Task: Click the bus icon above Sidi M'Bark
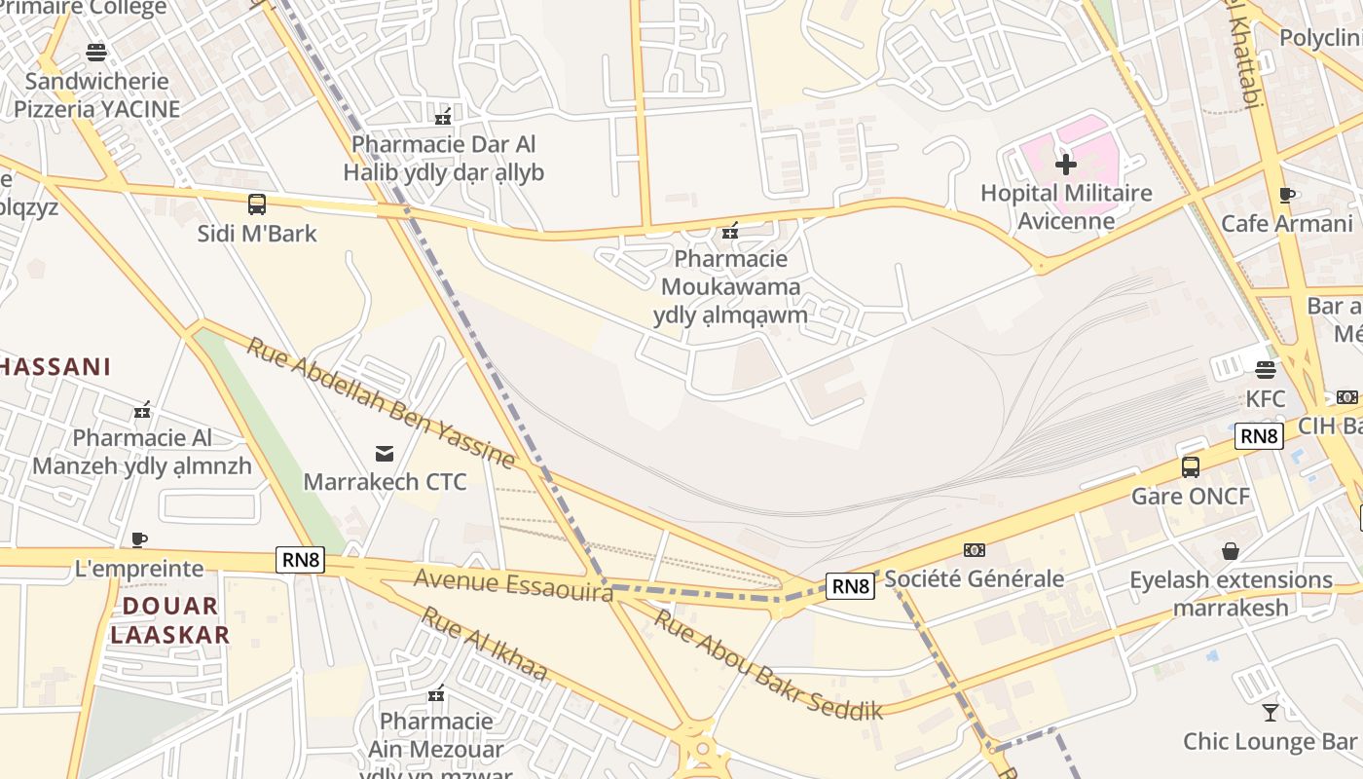pyautogui.click(x=257, y=204)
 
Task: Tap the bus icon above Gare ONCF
pyautogui.click(x=1190, y=466)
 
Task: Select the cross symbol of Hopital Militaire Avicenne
pyautogui.click(x=1066, y=164)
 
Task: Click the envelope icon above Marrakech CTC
pyautogui.click(x=385, y=453)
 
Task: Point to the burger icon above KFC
pyautogui.click(x=1265, y=369)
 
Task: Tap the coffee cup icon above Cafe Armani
pyautogui.click(x=1287, y=195)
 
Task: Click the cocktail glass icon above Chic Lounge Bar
pyautogui.click(x=1270, y=712)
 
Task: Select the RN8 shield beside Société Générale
pyautogui.click(x=851, y=585)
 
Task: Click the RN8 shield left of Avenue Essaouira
pyautogui.click(x=300, y=560)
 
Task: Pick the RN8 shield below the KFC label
pyautogui.click(x=1259, y=435)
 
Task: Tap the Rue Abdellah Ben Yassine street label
pyautogui.click(x=380, y=402)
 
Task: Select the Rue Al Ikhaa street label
pyautogui.click(x=484, y=644)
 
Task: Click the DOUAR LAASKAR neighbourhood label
pyautogui.click(x=169, y=620)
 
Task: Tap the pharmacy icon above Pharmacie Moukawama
pyautogui.click(x=729, y=231)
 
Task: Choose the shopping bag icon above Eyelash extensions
pyautogui.click(x=1231, y=551)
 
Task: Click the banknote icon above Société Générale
pyautogui.click(x=974, y=550)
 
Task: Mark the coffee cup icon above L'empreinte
pyautogui.click(x=139, y=539)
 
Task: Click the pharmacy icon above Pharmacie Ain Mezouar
pyautogui.click(x=436, y=693)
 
